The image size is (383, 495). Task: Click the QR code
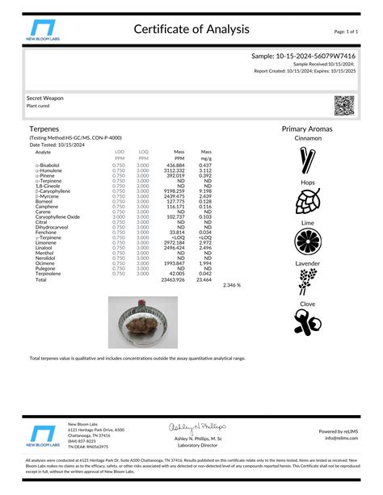(x=345, y=106)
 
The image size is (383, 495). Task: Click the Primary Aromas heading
(x=307, y=129)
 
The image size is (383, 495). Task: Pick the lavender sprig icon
(x=308, y=282)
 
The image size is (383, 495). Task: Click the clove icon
(x=308, y=321)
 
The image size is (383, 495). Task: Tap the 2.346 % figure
(x=232, y=285)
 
